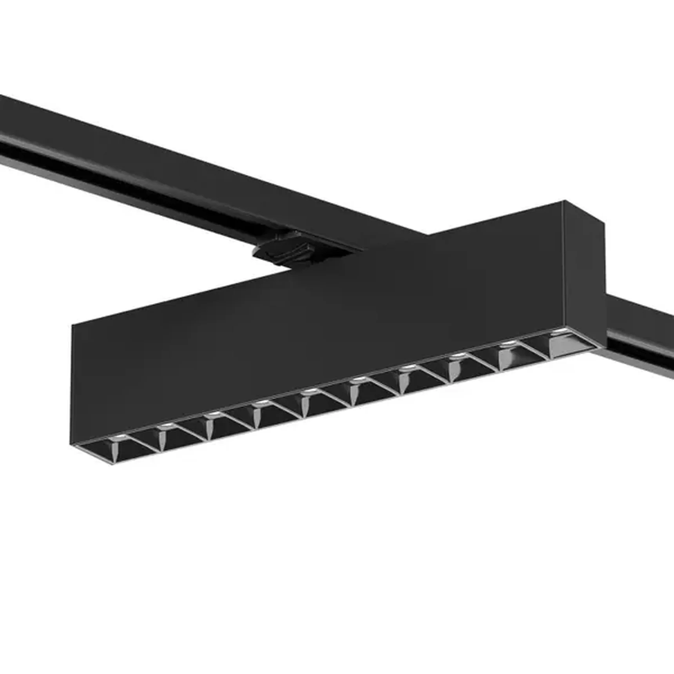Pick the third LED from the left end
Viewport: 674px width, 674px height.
(212, 413)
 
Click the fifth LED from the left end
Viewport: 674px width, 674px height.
(309, 391)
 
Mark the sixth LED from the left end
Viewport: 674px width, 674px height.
(357, 379)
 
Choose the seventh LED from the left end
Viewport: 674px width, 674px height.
(407, 367)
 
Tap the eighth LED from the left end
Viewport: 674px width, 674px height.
(457, 355)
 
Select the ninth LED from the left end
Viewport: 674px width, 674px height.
(507, 343)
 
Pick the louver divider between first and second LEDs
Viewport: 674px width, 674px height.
(141, 443)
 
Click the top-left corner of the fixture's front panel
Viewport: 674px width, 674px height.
(72, 325)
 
